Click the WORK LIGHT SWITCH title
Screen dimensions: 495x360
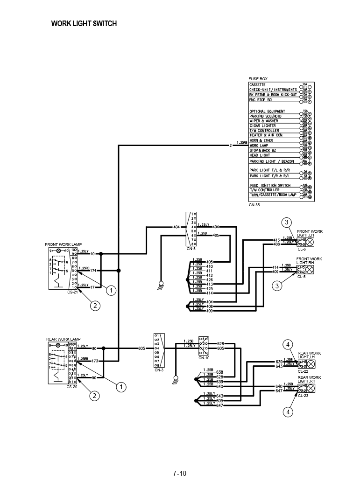pyautogui.click(x=84, y=24)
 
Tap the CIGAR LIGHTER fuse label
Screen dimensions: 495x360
pyautogui.click(x=262, y=126)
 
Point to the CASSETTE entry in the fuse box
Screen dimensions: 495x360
pyautogui.click(x=257, y=85)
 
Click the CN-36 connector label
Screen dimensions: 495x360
pyautogui.click(x=254, y=204)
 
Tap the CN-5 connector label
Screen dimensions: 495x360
pyautogui.click(x=191, y=249)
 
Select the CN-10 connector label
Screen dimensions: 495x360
pyautogui.click(x=204, y=358)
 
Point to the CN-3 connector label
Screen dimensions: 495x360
pyautogui.click(x=159, y=370)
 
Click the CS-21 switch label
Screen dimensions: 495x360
pyautogui.click(x=72, y=292)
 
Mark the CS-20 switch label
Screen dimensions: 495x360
pyautogui.click(x=72, y=386)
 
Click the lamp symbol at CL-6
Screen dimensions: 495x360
pyautogui.click(x=309, y=242)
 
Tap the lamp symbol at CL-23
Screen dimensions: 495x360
pyautogui.click(x=309, y=389)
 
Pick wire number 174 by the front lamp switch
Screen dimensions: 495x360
pyautogui.click(x=93, y=271)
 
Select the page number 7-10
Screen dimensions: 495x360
pyautogui.click(x=180, y=474)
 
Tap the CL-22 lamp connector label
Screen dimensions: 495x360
pyautogui.click(x=303, y=371)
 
